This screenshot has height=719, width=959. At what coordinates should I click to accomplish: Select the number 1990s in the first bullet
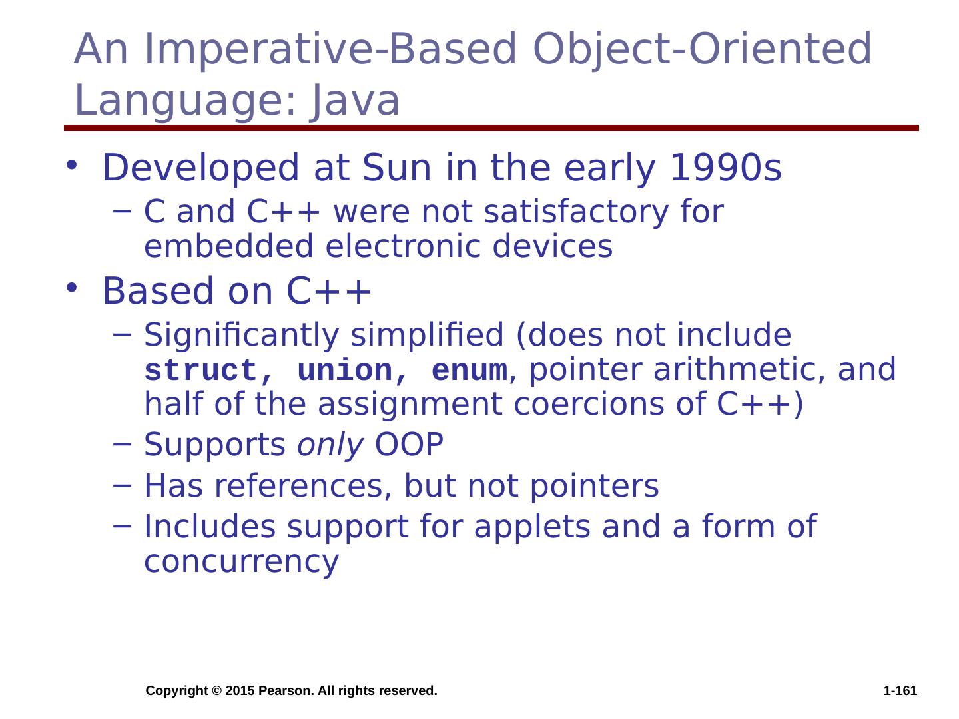tap(725, 168)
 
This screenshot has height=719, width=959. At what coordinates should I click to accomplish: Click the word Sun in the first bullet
tap(396, 168)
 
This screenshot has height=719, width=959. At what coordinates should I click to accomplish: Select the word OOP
tap(409, 445)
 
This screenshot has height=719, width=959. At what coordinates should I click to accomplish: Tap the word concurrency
tap(242, 563)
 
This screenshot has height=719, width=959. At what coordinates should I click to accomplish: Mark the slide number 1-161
tap(900, 691)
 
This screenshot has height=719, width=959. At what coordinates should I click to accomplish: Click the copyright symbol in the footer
tap(216, 691)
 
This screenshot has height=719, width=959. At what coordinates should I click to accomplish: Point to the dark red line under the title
tap(491, 128)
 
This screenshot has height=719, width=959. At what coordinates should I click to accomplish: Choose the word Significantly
tap(242, 336)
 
